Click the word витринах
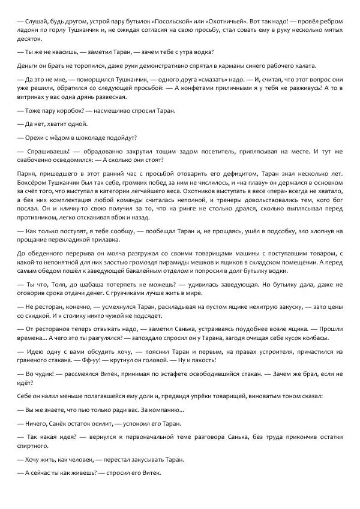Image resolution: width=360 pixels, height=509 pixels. click(x=35, y=97)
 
